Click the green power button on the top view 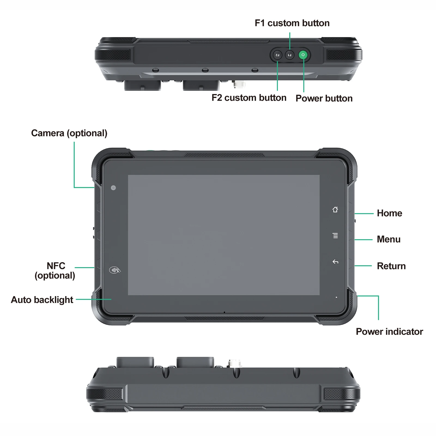click(303, 55)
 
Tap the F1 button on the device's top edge click(290, 55)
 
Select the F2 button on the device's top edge click(277, 55)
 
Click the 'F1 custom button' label click(292, 23)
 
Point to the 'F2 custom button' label click(249, 98)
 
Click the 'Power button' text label click(324, 98)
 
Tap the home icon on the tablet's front click(335, 209)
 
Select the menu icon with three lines click(335, 235)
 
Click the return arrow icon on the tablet click(335, 262)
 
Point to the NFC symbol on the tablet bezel click(115, 270)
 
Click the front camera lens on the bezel click(113, 188)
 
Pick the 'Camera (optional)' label click(69, 133)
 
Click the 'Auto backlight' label click(42, 300)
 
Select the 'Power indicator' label click(389, 332)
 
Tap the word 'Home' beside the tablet click(389, 213)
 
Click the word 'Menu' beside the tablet click(389, 239)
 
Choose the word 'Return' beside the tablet click(391, 266)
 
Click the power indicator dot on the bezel click(336, 297)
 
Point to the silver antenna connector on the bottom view click(235, 363)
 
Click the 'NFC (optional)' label click(55, 271)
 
